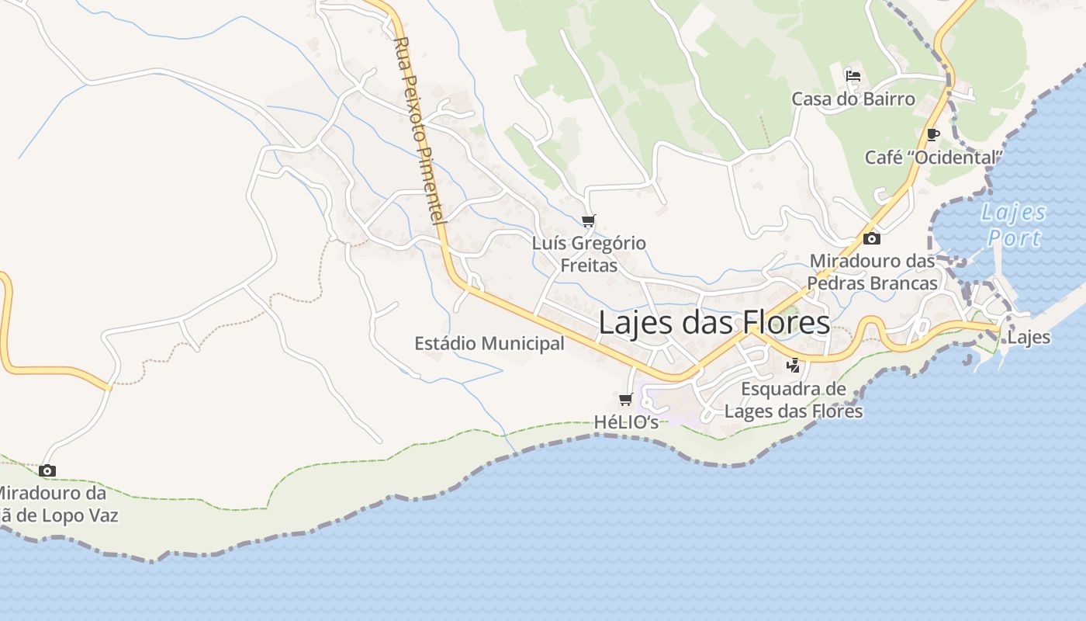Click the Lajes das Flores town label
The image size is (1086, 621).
tap(714, 323)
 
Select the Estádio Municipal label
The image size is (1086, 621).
tap(489, 343)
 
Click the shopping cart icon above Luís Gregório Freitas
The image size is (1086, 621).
tap(589, 221)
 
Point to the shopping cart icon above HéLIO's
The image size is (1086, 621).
tap(626, 400)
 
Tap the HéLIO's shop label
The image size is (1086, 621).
tap(626, 422)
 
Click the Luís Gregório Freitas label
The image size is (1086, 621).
tap(589, 255)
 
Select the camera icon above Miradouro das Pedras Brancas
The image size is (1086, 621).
tap(872, 238)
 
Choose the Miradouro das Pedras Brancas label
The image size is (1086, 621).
tap(873, 272)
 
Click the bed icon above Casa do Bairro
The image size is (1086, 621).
tap(853, 76)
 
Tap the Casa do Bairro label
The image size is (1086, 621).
tap(853, 99)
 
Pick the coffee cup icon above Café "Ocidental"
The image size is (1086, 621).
tap(933, 134)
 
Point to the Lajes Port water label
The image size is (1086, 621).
tap(1013, 225)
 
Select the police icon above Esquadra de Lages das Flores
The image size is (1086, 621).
tap(793, 366)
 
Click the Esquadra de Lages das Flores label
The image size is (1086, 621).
tap(793, 399)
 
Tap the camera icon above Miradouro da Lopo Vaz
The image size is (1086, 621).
tap(47, 470)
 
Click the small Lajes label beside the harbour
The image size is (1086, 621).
tap(1029, 338)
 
